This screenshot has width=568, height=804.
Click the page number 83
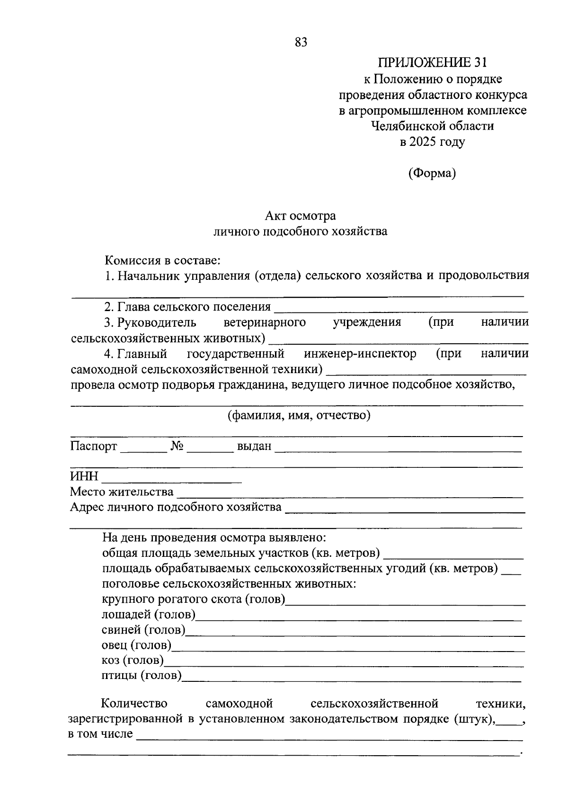point(301,43)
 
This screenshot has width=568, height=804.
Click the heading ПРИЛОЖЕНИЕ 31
point(432,63)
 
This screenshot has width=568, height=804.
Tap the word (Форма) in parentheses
point(432,173)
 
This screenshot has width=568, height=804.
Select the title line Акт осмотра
point(300,216)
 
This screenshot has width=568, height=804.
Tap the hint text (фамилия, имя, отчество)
point(299,416)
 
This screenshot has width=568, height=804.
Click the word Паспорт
point(93,446)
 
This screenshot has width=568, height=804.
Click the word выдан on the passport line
point(254,446)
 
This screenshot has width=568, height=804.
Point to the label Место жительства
point(122,492)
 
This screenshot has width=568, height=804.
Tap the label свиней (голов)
point(143,630)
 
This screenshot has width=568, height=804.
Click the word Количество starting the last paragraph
point(134,704)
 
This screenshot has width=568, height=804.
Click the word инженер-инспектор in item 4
point(360,354)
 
